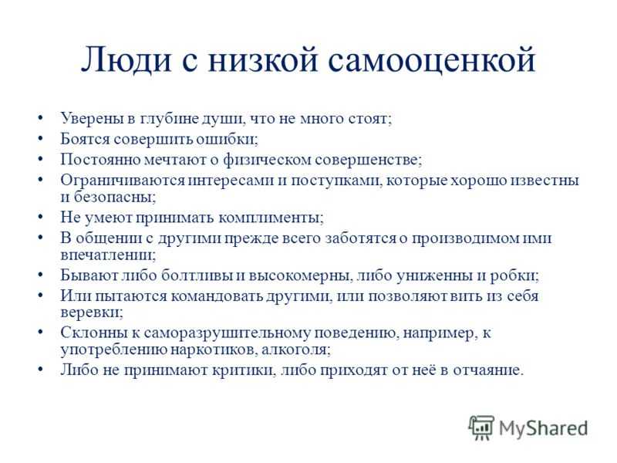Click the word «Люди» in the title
click(x=126, y=60)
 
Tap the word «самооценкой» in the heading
click(x=432, y=60)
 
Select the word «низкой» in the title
click(x=262, y=59)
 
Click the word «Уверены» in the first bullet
click(x=92, y=119)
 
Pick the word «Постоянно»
click(x=100, y=160)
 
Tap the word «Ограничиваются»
click(x=123, y=181)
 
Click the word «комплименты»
click(x=271, y=218)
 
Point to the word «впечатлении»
click(x=108, y=255)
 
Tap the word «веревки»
click(x=92, y=313)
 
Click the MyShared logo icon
click(x=481, y=428)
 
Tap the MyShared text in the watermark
click(x=544, y=428)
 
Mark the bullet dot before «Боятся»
click(x=41, y=138)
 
